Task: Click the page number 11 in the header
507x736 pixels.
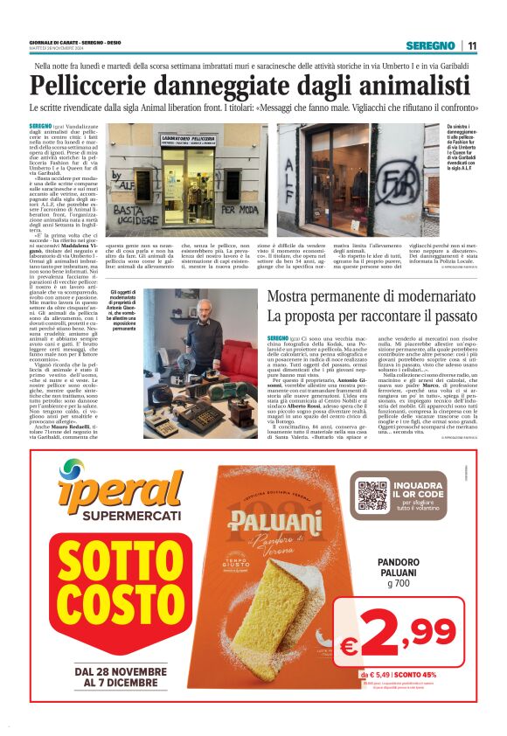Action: pos(472,46)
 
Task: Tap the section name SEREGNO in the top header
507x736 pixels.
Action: pos(431,46)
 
